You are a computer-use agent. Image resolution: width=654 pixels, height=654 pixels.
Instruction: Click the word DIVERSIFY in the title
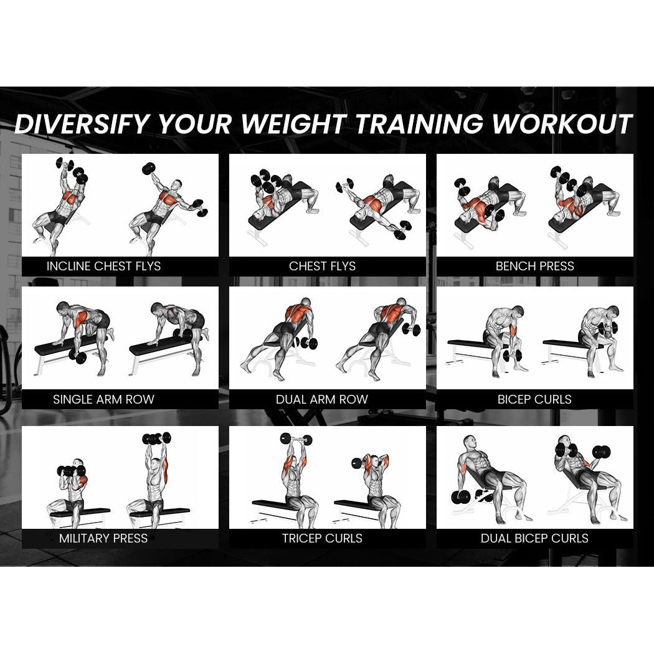[82, 124]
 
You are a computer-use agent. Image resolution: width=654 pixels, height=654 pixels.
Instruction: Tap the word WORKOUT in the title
[562, 124]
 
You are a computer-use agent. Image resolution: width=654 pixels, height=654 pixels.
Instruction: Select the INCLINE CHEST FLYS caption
[103, 267]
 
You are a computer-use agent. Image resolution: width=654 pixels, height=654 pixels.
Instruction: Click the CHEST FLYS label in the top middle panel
[322, 267]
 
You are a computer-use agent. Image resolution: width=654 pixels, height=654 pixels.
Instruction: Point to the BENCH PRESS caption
[534, 267]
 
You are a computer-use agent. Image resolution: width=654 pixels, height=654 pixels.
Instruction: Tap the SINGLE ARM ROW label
[103, 399]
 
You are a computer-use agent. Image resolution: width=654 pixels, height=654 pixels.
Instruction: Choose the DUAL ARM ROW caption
[322, 399]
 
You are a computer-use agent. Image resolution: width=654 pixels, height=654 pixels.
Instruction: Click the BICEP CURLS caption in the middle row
[534, 399]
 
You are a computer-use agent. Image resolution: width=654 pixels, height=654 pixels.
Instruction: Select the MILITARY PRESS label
[103, 538]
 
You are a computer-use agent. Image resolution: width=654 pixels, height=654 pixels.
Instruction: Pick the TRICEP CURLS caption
[322, 538]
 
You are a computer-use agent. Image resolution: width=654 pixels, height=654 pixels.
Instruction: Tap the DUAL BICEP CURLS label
[534, 538]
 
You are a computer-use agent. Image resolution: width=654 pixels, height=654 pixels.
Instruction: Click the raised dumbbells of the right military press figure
[156, 438]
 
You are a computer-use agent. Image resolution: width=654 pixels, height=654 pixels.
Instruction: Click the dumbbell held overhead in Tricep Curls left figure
[296, 440]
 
